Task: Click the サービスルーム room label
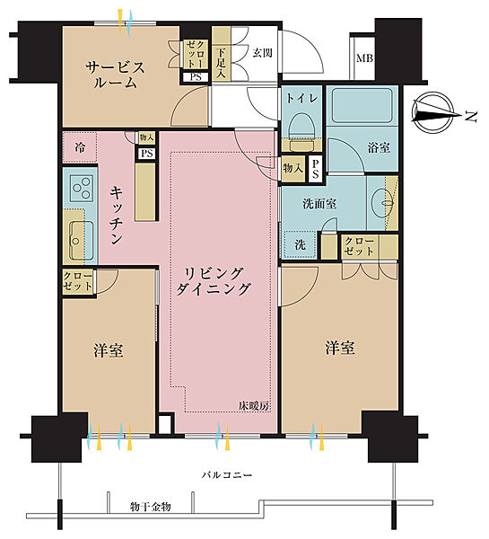pos(116,75)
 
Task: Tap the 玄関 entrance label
pos(262,53)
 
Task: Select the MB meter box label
pos(364,57)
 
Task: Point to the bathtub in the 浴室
pos(362,105)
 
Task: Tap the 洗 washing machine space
pos(300,244)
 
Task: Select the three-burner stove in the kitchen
pos(82,188)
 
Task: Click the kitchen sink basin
pos(82,241)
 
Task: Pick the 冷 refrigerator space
pos(80,148)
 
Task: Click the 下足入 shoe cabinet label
pos(221,63)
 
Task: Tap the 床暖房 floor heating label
pos(254,406)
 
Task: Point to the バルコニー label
pos(227,475)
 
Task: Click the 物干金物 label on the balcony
pos(150,507)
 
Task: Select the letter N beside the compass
pos(471,117)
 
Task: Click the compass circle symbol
pos(432,113)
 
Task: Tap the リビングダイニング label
pos(213,282)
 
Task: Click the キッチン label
pos(116,216)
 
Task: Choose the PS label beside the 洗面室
pos(315,169)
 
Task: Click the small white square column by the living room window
pos(165,425)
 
